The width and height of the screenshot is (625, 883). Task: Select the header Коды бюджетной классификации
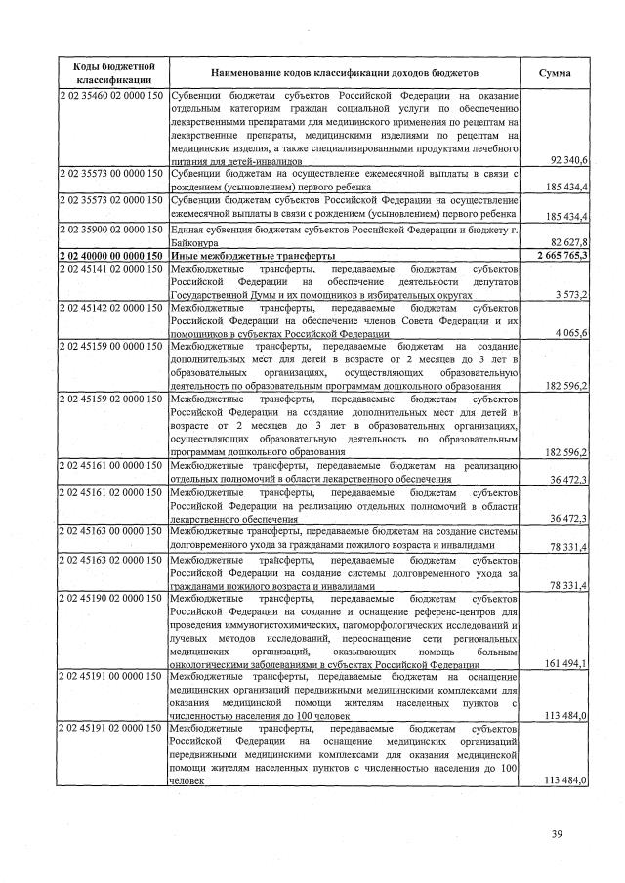[112, 72]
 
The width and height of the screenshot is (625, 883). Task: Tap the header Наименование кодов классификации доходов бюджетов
[345, 72]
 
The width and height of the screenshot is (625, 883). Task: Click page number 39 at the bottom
[558, 832]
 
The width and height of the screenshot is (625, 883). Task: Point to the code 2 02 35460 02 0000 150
[112, 96]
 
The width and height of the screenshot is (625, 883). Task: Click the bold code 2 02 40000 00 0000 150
[112, 255]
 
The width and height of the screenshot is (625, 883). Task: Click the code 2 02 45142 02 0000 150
[112, 307]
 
